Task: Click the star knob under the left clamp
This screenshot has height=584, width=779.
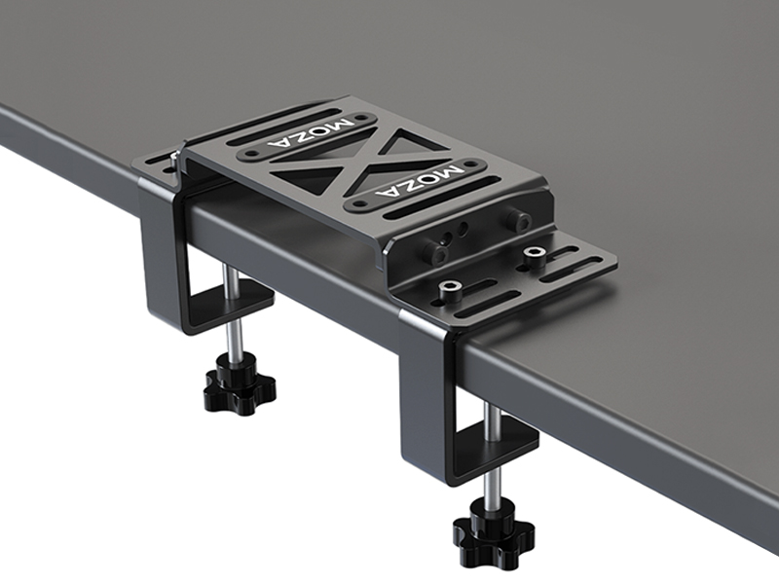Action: tap(239, 383)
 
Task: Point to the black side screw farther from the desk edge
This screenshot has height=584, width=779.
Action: tap(521, 222)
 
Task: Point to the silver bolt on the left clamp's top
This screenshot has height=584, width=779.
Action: tap(175, 157)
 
